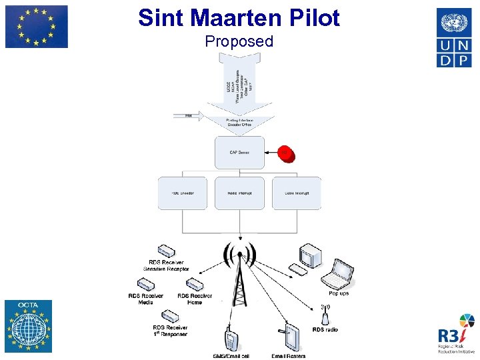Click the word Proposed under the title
[x=239, y=41]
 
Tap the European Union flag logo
[x=37, y=27]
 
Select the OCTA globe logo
[x=28, y=326]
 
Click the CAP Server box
[x=239, y=153]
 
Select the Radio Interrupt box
[x=239, y=193]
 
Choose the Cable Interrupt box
[x=297, y=193]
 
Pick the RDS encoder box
[x=182, y=193]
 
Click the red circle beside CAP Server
[x=285, y=153]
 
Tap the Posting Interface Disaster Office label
[x=239, y=123]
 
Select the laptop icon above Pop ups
[x=337, y=272]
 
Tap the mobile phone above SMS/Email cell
[x=231, y=340]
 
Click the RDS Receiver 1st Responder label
[x=170, y=331]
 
